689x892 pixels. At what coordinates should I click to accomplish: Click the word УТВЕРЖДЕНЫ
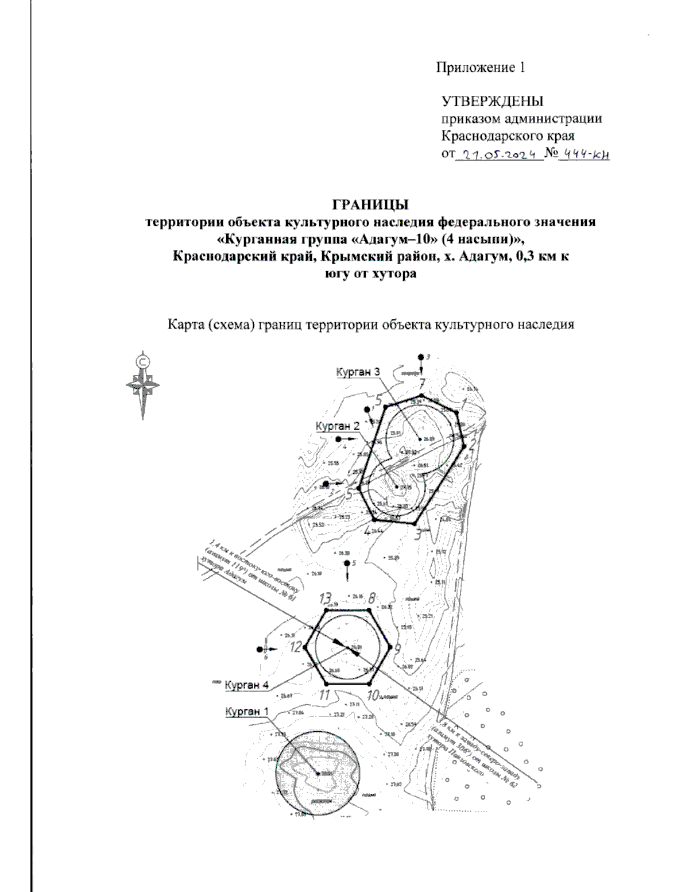[x=492, y=102]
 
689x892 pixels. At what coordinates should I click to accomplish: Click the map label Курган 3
[x=358, y=372]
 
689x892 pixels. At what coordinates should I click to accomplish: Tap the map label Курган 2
[x=338, y=426]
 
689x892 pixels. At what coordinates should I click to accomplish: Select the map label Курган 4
[x=246, y=685]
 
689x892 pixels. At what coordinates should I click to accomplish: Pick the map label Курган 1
[x=246, y=712]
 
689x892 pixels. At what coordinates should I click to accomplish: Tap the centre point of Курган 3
[x=420, y=439]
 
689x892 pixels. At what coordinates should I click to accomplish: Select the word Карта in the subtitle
[x=185, y=325]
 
